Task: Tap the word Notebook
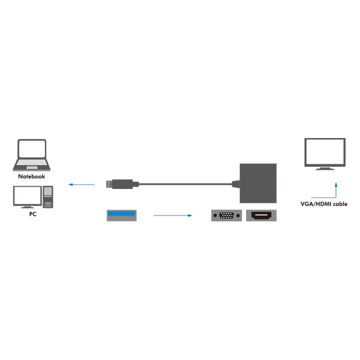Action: [x=31, y=177]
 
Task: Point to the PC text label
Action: [x=32, y=215]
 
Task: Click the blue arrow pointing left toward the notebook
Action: [x=81, y=184]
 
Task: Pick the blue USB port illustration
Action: [x=122, y=215]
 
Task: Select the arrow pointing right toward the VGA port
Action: [x=172, y=215]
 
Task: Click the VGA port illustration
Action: [x=227, y=215]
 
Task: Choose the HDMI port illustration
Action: [x=261, y=215]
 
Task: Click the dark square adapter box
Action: [x=258, y=183]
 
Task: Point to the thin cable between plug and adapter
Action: [x=180, y=184]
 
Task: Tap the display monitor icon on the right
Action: [x=324, y=153]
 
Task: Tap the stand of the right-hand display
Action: [x=324, y=168]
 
